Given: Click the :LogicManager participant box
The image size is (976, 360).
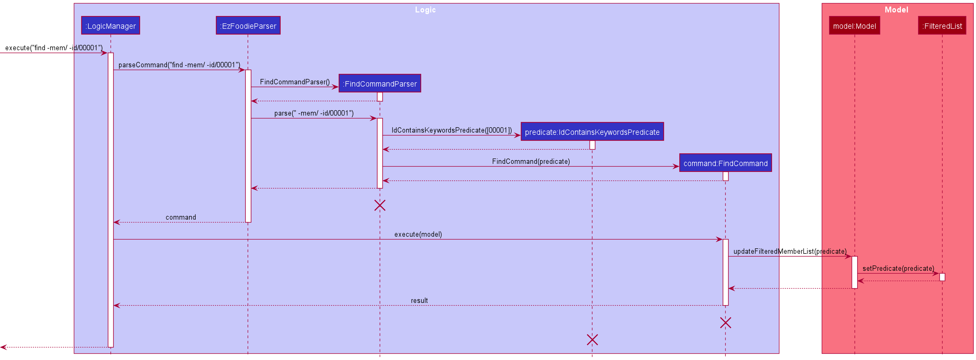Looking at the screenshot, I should [111, 26].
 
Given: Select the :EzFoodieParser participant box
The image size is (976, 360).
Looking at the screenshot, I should [248, 26].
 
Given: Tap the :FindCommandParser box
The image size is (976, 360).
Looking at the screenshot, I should [380, 83].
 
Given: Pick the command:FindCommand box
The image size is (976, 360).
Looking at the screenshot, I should [725, 163].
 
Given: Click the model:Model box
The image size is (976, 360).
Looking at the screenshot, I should [854, 26].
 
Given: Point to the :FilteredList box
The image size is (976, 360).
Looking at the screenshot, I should [942, 26].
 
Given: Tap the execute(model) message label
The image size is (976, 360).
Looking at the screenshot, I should [418, 234].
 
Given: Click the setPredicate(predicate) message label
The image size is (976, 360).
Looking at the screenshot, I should [898, 268].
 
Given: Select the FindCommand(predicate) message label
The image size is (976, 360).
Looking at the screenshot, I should [531, 161].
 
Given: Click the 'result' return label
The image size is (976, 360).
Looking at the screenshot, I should [419, 300].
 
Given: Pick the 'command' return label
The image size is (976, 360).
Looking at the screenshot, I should [181, 217].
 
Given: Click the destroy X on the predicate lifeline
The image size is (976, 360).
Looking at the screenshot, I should [592, 340].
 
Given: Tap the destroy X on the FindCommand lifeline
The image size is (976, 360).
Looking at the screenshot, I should [725, 323].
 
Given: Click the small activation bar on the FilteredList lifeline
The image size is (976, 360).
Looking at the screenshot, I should [942, 277].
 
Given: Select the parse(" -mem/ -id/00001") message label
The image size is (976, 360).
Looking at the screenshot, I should [314, 113].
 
